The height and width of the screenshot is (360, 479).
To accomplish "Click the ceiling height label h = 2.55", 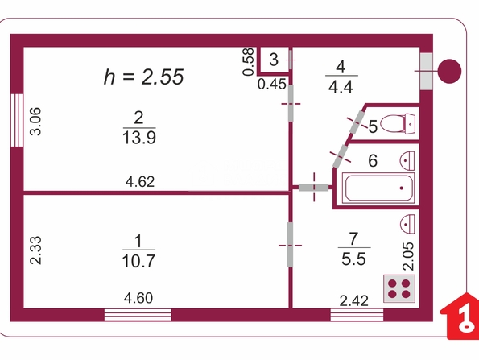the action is [x=143, y=77].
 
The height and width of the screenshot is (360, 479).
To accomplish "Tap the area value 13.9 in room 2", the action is [x=139, y=138].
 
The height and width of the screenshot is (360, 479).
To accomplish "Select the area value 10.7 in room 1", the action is [x=138, y=261].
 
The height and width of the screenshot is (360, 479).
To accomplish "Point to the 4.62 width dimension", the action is [x=140, y=182].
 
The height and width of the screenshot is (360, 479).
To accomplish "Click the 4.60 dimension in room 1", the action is [x=138, y=298].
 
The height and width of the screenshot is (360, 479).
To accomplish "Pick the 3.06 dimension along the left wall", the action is [x=35, y=122].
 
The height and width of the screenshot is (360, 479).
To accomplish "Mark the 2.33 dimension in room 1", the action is [x=35, y=250].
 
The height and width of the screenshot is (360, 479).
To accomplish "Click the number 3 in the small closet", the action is [x=274, y=60].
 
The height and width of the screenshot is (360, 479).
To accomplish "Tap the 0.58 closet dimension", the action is [x=249, y=62].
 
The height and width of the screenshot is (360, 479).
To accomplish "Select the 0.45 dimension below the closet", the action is [x=272, y=84].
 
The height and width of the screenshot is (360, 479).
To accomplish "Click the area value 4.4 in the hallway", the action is [x=341, y=87].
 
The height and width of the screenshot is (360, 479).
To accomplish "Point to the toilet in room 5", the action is [x=398, y=123].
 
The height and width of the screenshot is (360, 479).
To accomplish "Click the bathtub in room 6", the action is [x=378, y=188].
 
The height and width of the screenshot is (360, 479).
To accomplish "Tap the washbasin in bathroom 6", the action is [x=407, y=161].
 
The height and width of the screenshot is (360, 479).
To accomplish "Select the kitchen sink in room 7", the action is [x=407, y=224].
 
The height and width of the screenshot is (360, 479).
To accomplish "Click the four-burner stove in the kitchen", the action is [x=399, y=289].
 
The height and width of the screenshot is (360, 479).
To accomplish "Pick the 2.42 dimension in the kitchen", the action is [x=354, y=301].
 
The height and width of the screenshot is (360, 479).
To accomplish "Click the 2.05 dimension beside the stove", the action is [x=408, y=256].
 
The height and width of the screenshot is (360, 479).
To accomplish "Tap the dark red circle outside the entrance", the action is [x=449, y=71].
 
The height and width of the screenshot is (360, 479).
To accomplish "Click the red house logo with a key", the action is [x=460, y=316].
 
